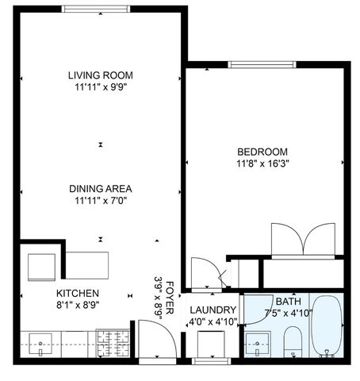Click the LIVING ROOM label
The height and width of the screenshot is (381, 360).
(x=101, y=75)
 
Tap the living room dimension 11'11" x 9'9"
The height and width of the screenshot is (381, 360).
(x=101, y=87)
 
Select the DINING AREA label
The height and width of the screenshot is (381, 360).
(x=101, y=189)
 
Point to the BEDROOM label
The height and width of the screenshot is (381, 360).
(x=262, y=152)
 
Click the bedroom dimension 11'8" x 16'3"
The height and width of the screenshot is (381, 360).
(x=262, y=164)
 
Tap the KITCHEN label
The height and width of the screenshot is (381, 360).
(x=78, y=293)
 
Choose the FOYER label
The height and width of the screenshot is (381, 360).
(x=170, y=298)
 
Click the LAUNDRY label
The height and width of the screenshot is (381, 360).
(x=213, y=310)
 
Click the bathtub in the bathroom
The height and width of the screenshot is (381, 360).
(x=326, y=326)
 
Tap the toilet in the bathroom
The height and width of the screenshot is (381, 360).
(x=293, y=341)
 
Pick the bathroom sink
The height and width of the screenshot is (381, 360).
(x=257, y=344)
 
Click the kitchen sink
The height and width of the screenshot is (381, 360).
(x=40, y=344)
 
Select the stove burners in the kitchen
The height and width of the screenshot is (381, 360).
(x=113, y=343)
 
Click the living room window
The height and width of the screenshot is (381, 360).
(x=96, y=9)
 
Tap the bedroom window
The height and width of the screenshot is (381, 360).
(x=262, y=64)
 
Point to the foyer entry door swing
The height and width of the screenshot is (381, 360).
(x=158, y=338)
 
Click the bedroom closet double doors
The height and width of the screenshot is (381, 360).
(x=304, y=241)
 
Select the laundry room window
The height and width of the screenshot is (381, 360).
(x=211, y=361)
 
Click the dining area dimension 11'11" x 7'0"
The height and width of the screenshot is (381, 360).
(x=101, y=201)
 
